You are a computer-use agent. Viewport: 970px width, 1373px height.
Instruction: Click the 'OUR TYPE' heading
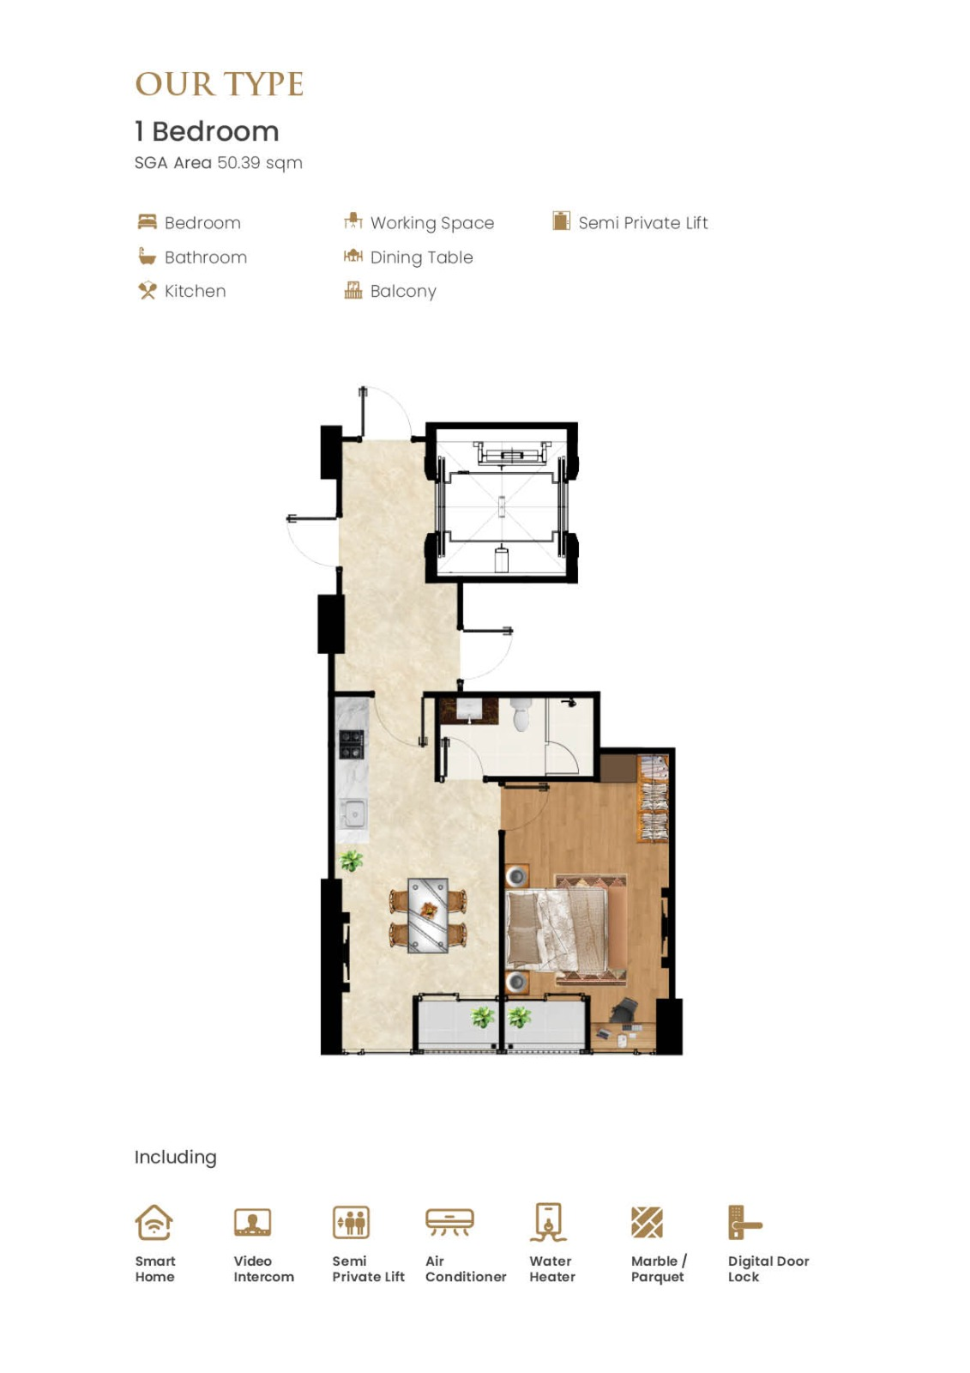click(219, 84)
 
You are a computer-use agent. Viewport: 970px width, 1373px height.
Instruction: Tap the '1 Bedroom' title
click(207, 131)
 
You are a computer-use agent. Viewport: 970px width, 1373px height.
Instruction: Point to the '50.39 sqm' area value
click(260, 163)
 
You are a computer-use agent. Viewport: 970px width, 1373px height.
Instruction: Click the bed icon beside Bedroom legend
click(147, 221)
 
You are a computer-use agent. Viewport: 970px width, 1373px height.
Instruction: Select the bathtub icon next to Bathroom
click(147, 257)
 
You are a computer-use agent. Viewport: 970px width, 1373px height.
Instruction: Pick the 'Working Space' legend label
click(432, 223)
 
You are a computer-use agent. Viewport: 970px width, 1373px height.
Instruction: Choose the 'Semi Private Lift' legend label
click(642, 222)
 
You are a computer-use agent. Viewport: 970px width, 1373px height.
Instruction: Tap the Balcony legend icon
click(353, 290)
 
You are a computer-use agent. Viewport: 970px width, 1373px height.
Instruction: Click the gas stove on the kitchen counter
click(352, 744)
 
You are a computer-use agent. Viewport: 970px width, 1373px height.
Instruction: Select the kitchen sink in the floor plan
click(354, 814)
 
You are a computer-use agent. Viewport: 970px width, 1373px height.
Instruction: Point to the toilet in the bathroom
click(521, 716)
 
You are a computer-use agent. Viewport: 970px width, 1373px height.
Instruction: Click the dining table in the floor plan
click(428, 916)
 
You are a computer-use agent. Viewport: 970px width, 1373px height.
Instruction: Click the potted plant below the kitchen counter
click(351, 861)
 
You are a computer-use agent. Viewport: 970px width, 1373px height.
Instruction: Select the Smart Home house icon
click(154, 1222)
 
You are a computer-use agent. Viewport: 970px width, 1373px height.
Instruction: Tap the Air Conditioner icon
click(449, 1221)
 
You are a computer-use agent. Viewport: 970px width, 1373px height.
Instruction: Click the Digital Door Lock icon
click(744, 1222)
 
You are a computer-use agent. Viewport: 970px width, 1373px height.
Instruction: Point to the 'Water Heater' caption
click(552, 1269)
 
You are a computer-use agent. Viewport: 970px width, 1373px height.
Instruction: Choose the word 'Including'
click(175, 1158)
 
